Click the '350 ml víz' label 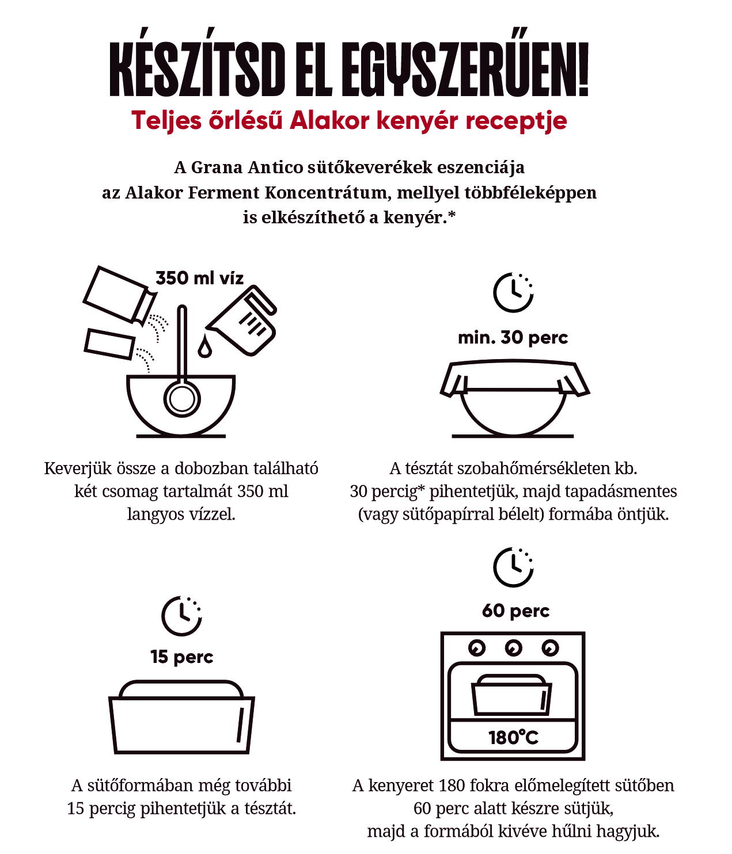(199, 278)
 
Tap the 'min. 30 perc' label (513, 338)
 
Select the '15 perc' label (182, 657)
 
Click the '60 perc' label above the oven (515, 611)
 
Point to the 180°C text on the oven (513, 737)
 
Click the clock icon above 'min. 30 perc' (513, 292)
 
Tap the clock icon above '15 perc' (181, 616)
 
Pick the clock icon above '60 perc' (513, 567)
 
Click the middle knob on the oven (513, 648)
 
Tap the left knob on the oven (476, 648)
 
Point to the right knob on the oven (550, 648)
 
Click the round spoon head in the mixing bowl (182, 399)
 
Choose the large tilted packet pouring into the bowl (120, 295)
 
